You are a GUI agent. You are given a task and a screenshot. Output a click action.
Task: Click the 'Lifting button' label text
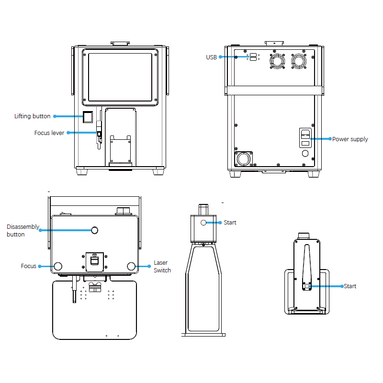32,116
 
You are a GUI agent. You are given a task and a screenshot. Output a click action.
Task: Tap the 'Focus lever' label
49,133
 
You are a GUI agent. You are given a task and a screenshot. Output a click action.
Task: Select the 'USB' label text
211,57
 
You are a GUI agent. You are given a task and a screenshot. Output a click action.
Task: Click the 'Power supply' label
350,139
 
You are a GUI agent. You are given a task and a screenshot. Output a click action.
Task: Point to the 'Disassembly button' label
23,230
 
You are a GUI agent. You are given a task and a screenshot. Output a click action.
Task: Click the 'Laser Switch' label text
162,267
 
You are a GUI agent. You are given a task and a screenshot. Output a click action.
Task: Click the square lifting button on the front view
88,116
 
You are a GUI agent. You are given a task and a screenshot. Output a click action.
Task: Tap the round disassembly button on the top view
95,230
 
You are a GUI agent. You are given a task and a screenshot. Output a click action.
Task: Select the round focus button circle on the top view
58,266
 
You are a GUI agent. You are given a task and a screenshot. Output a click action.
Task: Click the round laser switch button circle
131,266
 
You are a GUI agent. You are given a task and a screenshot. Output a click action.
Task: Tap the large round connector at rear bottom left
244,158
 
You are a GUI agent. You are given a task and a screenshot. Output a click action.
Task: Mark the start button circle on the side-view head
203,223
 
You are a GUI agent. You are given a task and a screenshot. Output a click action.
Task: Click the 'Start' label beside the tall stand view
230,223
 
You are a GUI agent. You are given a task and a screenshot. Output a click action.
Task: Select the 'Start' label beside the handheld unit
350,286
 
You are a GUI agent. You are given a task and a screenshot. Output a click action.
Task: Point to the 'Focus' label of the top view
28,266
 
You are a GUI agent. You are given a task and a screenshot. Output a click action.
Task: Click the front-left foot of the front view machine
82,171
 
